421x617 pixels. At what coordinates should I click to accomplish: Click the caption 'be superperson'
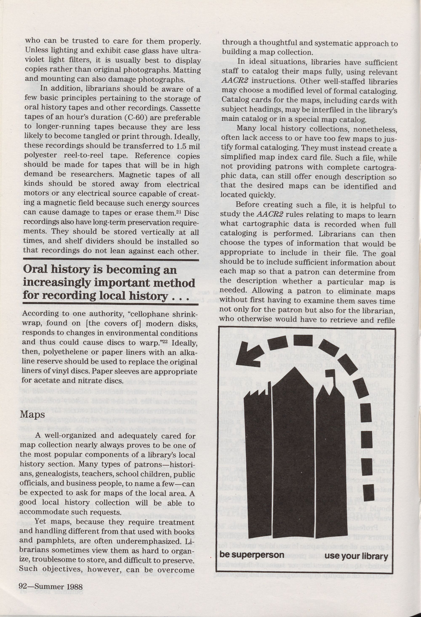click(x=252, y=555)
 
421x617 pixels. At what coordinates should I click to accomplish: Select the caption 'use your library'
click(x=356, y=556)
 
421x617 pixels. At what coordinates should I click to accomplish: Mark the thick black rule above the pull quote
click(x=111, y=259)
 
